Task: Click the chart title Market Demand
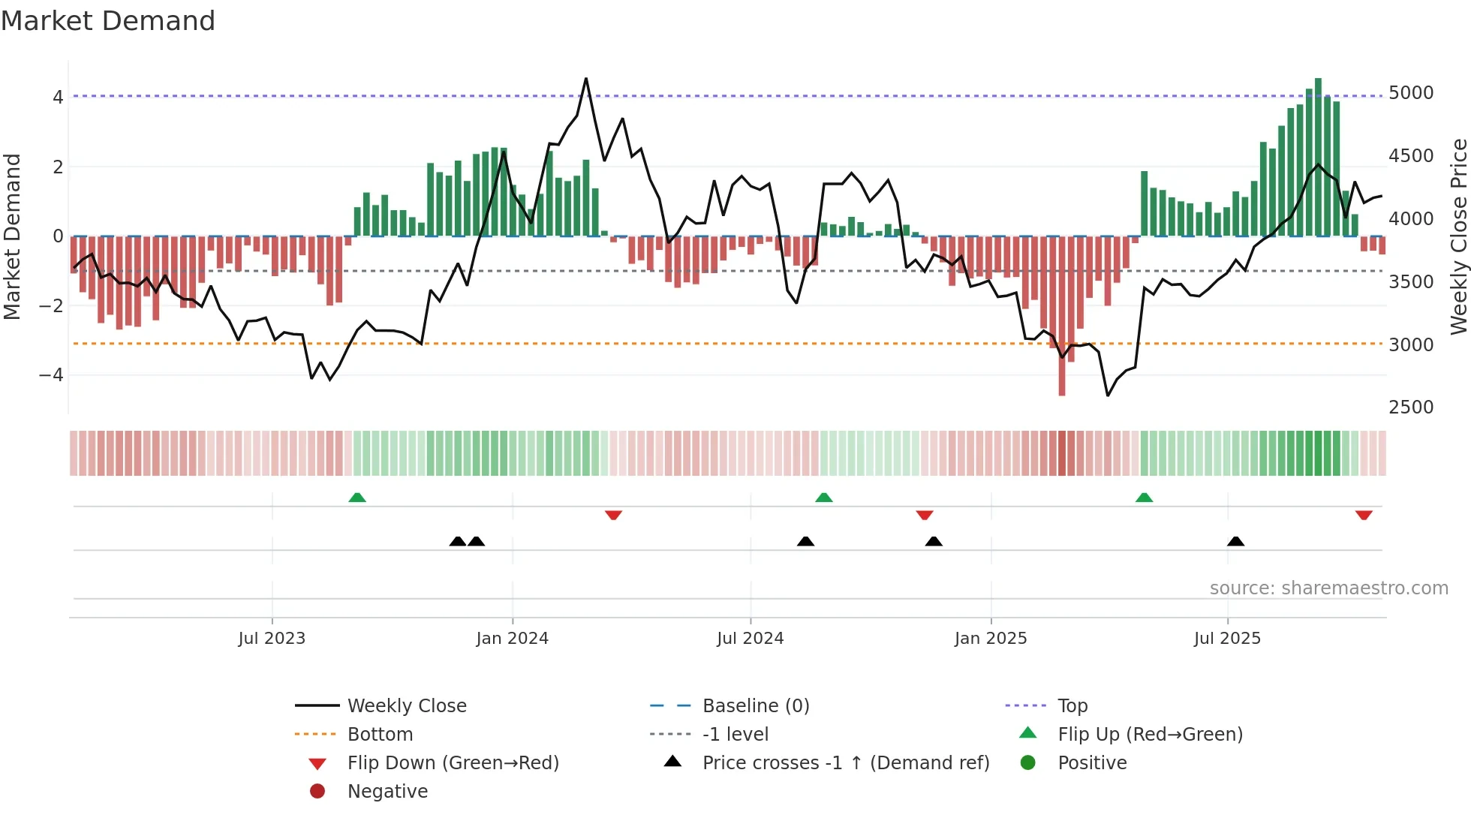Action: click(x=108, y=21)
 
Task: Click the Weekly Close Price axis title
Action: click(x=1458, y=236)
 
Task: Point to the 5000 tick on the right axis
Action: click(x=1410, y=93)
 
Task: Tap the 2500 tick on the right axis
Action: click(x=1410, y=407)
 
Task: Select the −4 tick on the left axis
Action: click(x=51, y=374)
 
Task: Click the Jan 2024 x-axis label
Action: click(x=512, y=639)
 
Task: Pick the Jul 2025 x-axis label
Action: click(x=1227, y=639)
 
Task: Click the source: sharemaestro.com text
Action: click(x=1328, y=588)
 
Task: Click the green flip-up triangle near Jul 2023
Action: click(x=357, y=498)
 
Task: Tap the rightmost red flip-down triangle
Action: click(x=1364, y=515)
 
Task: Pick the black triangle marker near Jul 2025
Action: click(x=1235, y=541)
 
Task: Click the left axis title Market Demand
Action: click(x=12, y=236)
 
